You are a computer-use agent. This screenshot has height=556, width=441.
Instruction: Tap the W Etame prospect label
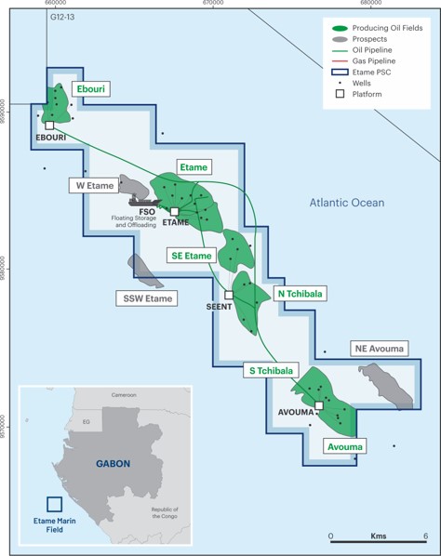(95, 185)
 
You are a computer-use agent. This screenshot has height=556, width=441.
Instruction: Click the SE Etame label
(192, 255)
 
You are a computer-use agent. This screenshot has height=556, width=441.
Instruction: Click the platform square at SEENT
(229, 295)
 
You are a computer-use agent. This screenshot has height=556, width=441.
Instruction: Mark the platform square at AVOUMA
(318, 405)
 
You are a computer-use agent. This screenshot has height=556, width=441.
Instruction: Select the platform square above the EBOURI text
(49, 125)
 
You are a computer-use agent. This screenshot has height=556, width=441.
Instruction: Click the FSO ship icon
(145, 198)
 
